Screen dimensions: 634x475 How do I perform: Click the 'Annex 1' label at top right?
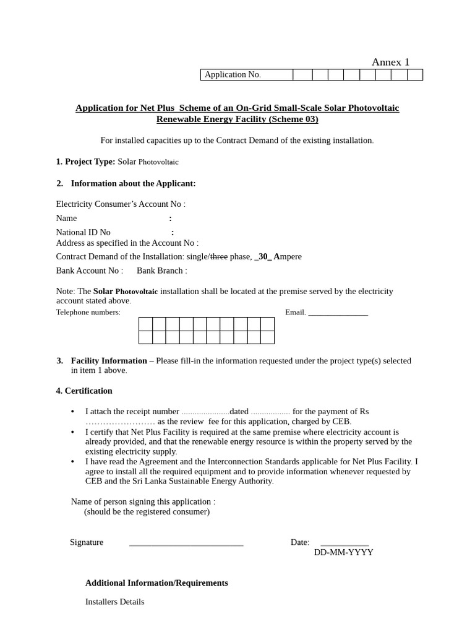390,62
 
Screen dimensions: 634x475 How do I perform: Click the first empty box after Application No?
302,75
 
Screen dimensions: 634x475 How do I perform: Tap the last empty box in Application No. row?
415,75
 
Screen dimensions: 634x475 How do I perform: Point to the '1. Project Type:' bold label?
85,162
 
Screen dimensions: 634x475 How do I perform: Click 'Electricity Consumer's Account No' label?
119,204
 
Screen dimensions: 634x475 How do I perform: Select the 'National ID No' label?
83,232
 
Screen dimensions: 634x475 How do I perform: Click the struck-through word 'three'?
219,256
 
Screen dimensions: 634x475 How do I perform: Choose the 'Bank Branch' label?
160,271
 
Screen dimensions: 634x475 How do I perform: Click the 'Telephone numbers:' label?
88,313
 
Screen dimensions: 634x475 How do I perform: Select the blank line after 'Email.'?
338,313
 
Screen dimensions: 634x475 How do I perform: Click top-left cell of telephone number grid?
145,324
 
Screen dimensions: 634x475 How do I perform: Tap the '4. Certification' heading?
84,391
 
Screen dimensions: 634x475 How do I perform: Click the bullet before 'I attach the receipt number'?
73,412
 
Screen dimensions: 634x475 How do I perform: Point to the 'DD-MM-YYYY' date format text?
343,552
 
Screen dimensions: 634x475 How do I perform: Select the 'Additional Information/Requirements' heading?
156,583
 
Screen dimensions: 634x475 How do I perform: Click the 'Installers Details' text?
114,602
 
